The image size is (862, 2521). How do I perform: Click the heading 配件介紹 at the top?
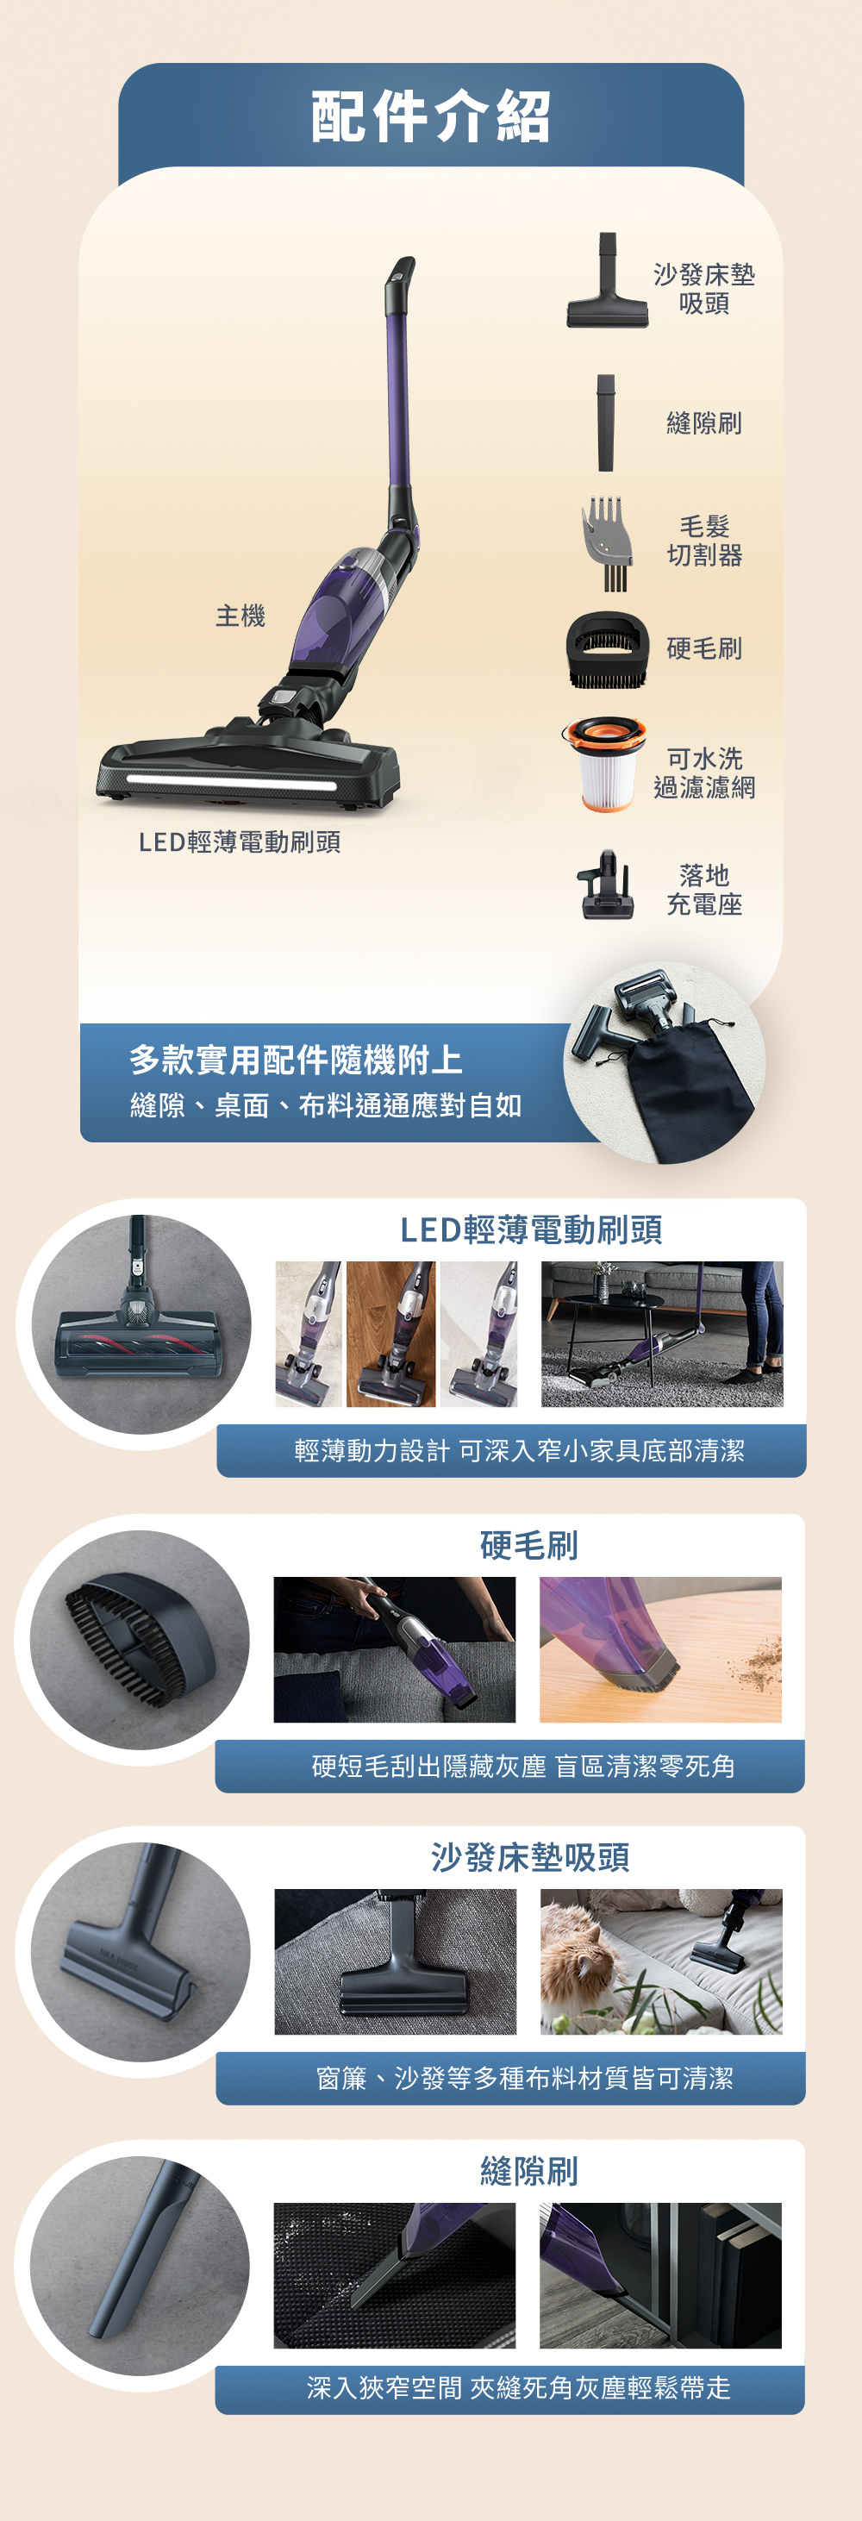(430, 116)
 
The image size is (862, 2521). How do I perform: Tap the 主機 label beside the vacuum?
(240, 616)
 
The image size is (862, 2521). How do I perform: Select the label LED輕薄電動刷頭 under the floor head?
(240, 841)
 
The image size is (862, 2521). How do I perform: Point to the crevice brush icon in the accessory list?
(607, 422)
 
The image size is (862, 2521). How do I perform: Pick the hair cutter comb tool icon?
(608, 543)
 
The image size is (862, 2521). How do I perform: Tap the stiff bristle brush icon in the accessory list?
(608, 650)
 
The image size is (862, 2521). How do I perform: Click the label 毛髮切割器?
(704, 541)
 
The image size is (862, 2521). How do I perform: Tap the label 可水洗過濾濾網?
(704, 773)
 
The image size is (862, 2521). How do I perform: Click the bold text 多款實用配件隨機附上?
(296, 1059)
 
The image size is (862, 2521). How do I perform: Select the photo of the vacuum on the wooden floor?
(390, 1334)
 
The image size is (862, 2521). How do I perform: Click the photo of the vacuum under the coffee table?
(662, 1334)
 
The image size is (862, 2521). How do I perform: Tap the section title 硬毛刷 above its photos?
(529, 1544)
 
